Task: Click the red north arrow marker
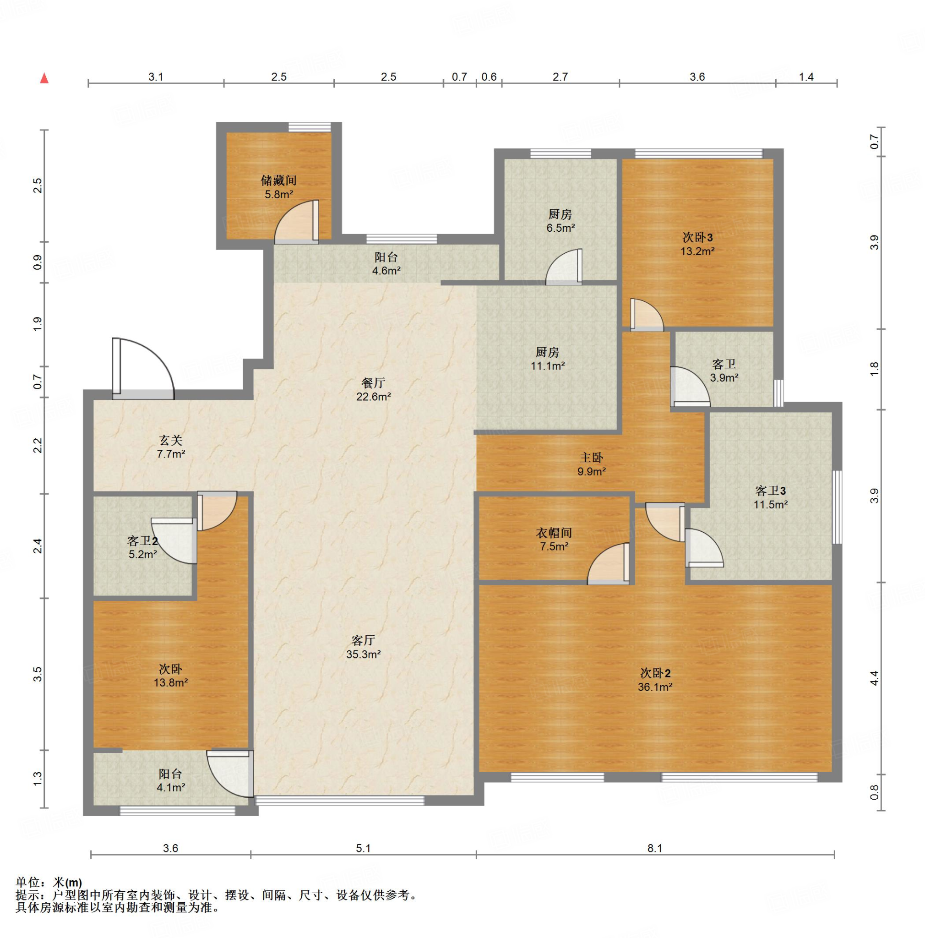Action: pyautogui.click(x=44, y=78)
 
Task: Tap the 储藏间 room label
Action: pyautogui.click(x=278, y=180)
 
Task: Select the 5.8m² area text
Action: pyautogui.click(x=278, y=195)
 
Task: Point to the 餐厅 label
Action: pyautogui.click(x=373, y=383)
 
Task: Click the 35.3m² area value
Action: pyautogui.click(x=363, y=654)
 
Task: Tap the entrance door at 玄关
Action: pyautogui.click(x=143, y=369)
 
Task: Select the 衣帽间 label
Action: pyautogui.click(x=554, y=533)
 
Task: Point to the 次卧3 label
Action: pyautogui.click(x=697, y=237)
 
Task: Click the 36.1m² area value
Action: pyautogui.click(x=655, y=687)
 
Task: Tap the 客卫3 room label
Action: pyautogui.click(x=770, y=491)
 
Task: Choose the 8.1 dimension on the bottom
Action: pyautogui.click(x=655, y=848)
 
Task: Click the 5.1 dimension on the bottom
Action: pyautogui.click(x=363, y=848)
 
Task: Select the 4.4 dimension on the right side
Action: pyautogui.click(x=874, y=678)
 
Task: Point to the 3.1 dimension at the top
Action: pyautogui.click(x=155, y=76)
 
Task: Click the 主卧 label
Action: pyautogui.click(x=592, y=458)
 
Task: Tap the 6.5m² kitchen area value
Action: pyautogui.click(x=560, y=228)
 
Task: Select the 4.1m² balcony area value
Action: pyautogui.click(x=170, y=787)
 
